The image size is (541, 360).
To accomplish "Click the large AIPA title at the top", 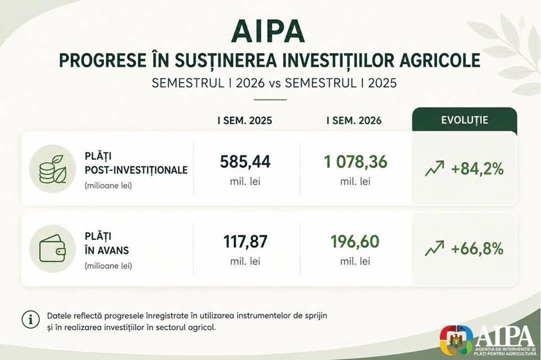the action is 268,31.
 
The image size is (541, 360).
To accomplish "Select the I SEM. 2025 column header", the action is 245,121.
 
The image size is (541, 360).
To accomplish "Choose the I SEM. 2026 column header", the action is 354,121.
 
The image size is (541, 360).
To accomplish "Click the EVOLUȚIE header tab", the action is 464,120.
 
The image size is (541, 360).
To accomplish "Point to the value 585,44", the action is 245,162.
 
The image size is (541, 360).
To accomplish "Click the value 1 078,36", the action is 356,162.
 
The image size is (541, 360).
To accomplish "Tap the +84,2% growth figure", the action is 478,169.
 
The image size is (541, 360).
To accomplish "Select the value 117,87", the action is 245,241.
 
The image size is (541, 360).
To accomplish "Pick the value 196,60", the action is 355,241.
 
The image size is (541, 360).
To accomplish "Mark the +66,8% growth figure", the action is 478,249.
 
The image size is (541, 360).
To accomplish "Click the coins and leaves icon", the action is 53,169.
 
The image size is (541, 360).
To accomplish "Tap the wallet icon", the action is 53,249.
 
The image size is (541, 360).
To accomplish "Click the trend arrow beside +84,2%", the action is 434,169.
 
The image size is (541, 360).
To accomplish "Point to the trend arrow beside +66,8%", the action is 434,248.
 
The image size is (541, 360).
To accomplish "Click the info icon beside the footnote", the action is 31,319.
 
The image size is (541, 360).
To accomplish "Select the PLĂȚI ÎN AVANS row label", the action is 107,243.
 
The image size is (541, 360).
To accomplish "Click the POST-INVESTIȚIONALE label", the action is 137,170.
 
